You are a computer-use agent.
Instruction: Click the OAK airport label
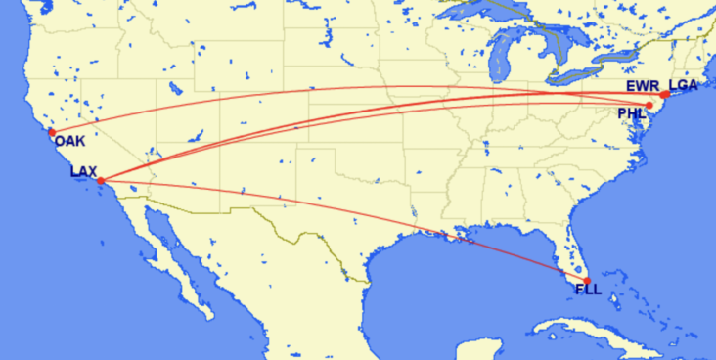tap(70, 143)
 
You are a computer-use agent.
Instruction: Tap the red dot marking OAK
tap(52, 132)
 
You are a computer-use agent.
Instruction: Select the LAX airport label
tap(83, 172)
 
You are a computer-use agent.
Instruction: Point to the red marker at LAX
tap(101, 181)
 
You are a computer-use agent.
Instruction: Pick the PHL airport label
tap(632, 114)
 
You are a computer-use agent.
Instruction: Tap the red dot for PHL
tap(649, 105)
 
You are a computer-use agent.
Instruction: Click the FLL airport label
tap(588, 289)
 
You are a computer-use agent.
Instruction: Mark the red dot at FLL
tap(587, 281)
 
